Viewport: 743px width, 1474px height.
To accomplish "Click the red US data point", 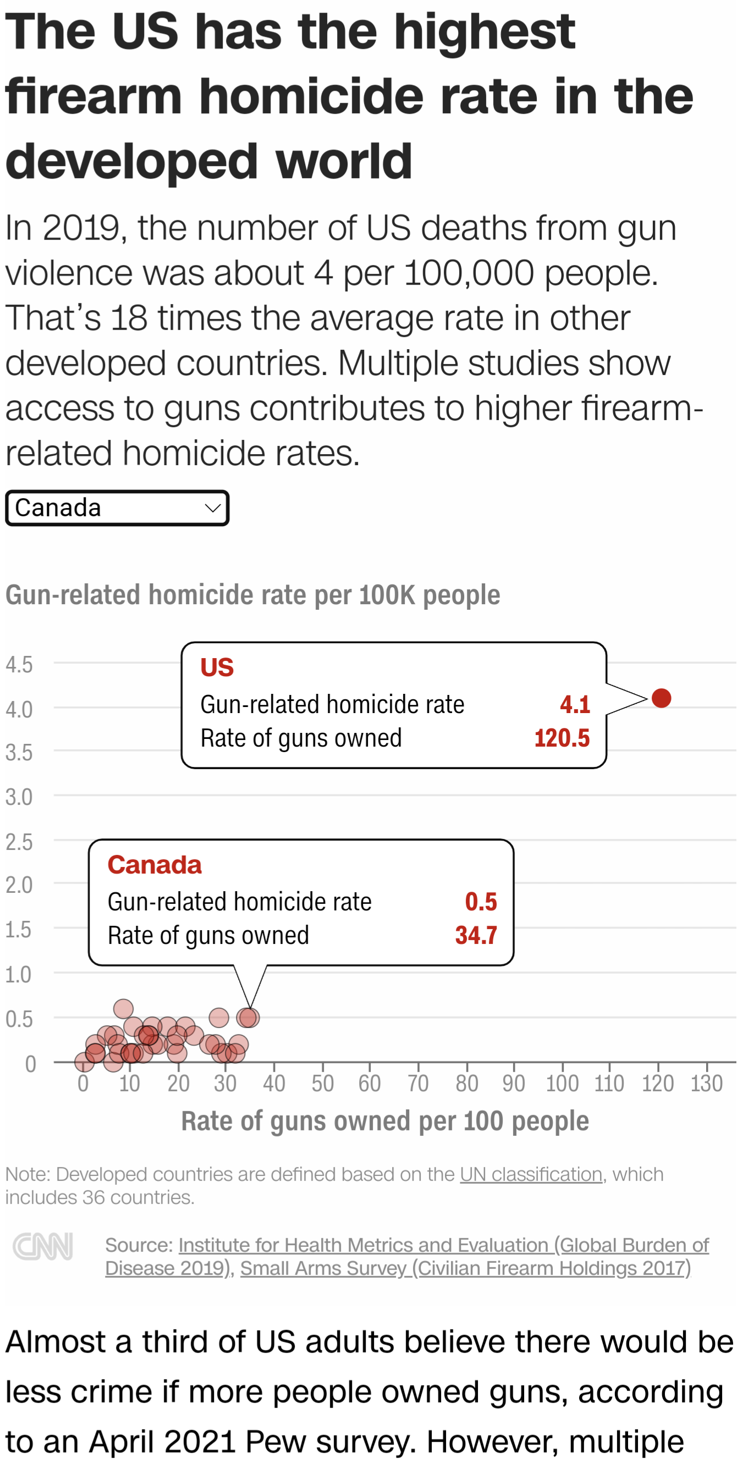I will point(661,698).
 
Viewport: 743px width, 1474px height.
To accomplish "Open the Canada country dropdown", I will point(117,507).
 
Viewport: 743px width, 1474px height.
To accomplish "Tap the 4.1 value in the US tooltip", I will point(575,704).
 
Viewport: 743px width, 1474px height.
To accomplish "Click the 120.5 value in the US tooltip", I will point(562,738).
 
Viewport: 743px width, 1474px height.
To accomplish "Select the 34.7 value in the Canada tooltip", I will point(476,936).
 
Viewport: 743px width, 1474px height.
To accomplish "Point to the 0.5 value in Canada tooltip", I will point(481,902).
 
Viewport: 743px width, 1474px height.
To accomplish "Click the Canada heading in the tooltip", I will point(155,865).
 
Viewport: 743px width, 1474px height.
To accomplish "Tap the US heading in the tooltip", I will point(217,667).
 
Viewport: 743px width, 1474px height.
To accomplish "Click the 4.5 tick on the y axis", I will point(19,664).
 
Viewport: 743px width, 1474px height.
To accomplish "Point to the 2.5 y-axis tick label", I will point(19,842).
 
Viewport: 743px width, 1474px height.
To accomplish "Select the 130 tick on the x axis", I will point(706,1083).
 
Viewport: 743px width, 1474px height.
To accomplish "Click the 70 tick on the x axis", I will point(418,1083).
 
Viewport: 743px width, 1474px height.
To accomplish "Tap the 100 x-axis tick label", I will point(562,1083).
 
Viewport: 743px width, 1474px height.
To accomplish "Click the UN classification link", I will point(531,1174).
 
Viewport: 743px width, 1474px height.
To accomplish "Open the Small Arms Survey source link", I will point(465,1268).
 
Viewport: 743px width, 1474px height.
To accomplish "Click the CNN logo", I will point(43,1246).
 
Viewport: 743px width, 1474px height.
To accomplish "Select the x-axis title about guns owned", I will point(384,1121).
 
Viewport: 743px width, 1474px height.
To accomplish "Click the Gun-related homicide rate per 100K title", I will point(252,594).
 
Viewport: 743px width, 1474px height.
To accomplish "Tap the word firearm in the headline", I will point(93,96).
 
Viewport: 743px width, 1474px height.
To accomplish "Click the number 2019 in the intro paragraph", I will point(81,228).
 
